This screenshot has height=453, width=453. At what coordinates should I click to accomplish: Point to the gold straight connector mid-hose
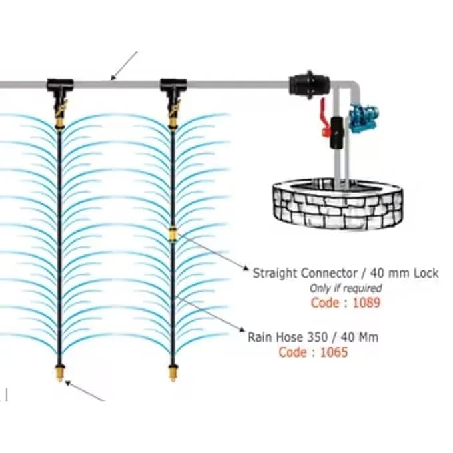point(173,234)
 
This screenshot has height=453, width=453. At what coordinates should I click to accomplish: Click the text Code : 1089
point(344,302)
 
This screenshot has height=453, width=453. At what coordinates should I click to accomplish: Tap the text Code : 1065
point(313,352)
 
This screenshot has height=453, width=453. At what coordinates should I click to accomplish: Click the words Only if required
point(345,288)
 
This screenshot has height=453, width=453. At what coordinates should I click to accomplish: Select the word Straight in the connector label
point(276,272)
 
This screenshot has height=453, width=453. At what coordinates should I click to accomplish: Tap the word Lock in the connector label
point(425,272)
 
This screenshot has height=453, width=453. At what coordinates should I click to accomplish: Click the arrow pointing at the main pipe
point(123,66)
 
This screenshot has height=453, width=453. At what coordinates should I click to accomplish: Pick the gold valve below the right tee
point(173,113)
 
